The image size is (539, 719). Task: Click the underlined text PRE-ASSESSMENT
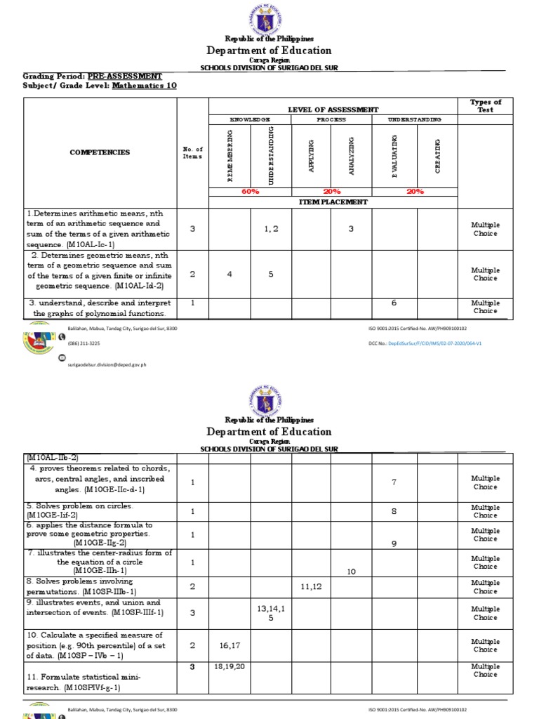(x=124, y=76)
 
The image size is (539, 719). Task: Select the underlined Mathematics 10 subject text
(x=144, y=85)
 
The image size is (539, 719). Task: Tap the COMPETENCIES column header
(x=99, y=152)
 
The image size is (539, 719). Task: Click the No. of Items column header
(x=192, y=152)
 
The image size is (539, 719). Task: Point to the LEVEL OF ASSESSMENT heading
(x=333, y=110)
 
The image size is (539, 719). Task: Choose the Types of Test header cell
(x=485, y=106)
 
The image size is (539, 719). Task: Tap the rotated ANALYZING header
(x=352, y=155)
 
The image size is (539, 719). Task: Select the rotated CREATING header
(x=437, y=155)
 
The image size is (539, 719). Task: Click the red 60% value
(x=250, y=191)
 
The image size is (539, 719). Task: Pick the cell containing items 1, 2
(x=272, y=229)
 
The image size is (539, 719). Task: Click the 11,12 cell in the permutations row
(x=311, y=586)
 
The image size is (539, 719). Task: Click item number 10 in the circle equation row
(x=352, y=572)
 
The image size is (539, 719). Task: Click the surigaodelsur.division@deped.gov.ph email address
(x=107, y=364)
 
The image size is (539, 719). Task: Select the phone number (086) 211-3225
(x=84, y=343)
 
